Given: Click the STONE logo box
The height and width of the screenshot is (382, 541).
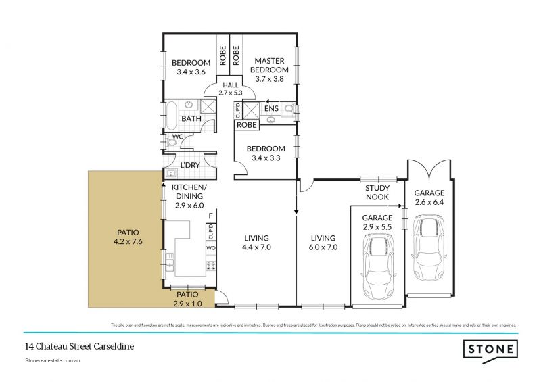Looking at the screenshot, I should coord(491,350).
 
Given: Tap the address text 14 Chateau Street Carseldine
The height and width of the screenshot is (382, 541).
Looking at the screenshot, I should coord(78,345).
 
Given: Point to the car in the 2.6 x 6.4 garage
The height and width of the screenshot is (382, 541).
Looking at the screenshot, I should coord(427,242).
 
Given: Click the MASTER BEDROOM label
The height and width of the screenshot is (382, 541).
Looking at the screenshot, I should coord(268,69).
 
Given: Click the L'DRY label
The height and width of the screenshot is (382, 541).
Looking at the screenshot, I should coord(186,164).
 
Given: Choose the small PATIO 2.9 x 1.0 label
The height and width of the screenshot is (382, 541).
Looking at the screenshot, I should coord(187,299).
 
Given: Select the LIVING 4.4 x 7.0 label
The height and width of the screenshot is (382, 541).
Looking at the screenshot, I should coord(256,242).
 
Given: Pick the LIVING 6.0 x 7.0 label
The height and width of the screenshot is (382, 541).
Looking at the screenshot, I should coord(324,242).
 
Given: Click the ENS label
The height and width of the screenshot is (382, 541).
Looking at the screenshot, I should coord(270,108).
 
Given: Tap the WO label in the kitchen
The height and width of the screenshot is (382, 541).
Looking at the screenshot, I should coord(211,248).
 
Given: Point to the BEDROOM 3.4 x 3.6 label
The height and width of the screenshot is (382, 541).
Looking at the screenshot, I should coord(191,67).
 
